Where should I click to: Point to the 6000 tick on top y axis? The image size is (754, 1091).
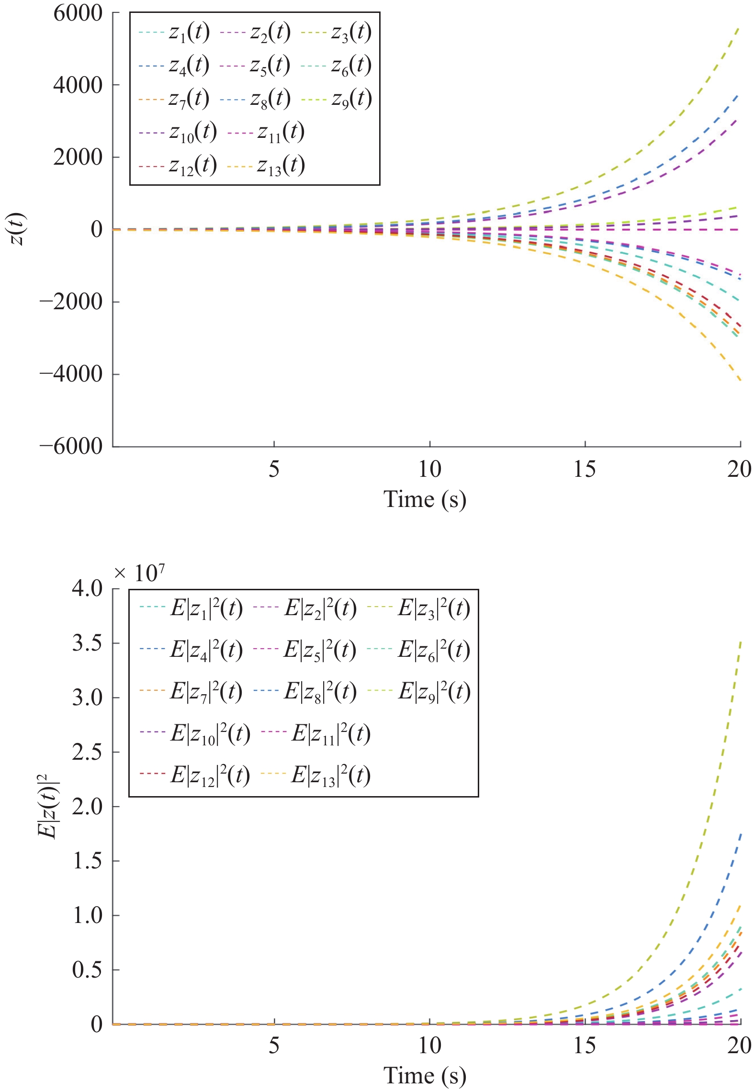point(78,13)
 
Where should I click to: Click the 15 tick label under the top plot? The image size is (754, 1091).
point(585,470)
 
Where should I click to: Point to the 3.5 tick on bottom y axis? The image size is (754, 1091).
point(87,643)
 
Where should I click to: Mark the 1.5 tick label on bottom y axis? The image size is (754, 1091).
point(87,861)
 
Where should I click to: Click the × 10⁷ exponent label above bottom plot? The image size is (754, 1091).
point(140,573)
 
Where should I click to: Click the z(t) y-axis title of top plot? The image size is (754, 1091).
point(18,229)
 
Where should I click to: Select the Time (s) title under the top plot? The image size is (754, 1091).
point(425,499)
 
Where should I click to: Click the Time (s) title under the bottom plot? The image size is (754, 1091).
point(425,1076)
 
